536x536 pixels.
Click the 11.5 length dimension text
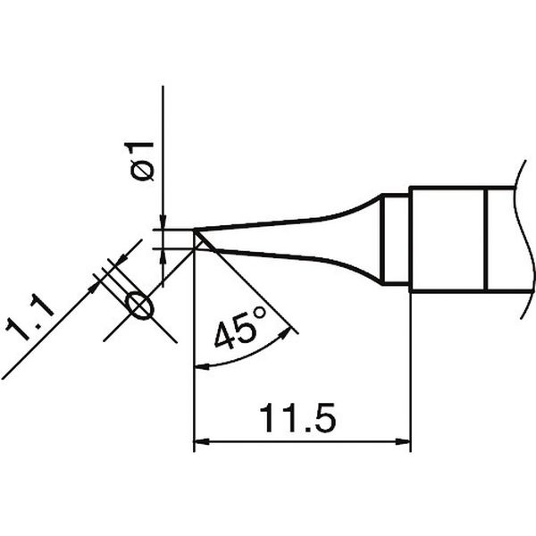tap(297, 418)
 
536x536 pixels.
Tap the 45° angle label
tap(240, 329)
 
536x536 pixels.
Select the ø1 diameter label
tap(139, 161)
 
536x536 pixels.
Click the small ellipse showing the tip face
tap(140, 306)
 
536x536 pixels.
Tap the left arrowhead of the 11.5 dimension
tap(202, 441)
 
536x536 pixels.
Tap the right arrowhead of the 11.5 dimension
tap(403, 441)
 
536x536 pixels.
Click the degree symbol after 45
tap(259, 314)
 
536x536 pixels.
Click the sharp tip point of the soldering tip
tap(195, 230)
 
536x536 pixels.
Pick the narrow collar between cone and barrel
tap(396, 239)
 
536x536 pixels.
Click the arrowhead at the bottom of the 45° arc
tap(202, 367)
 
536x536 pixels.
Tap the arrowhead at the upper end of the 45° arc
tap(285, 333)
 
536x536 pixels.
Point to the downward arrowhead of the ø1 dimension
tap(163, 222)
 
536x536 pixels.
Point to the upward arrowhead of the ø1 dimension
tap(163, 256)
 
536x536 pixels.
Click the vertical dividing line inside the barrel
tap(486, 239)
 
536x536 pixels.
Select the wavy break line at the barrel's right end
tap(526, 239)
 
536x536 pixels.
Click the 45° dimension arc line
tap(247, 355)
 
